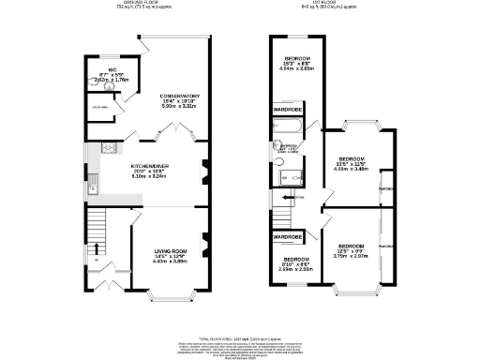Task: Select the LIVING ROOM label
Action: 171,250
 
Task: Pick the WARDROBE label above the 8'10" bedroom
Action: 287,237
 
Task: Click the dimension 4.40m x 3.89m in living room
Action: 171,262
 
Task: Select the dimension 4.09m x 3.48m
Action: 352,169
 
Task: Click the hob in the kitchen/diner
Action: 107,147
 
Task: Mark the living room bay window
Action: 170,298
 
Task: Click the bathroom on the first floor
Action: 288,159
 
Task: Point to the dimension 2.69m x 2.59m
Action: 296,268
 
